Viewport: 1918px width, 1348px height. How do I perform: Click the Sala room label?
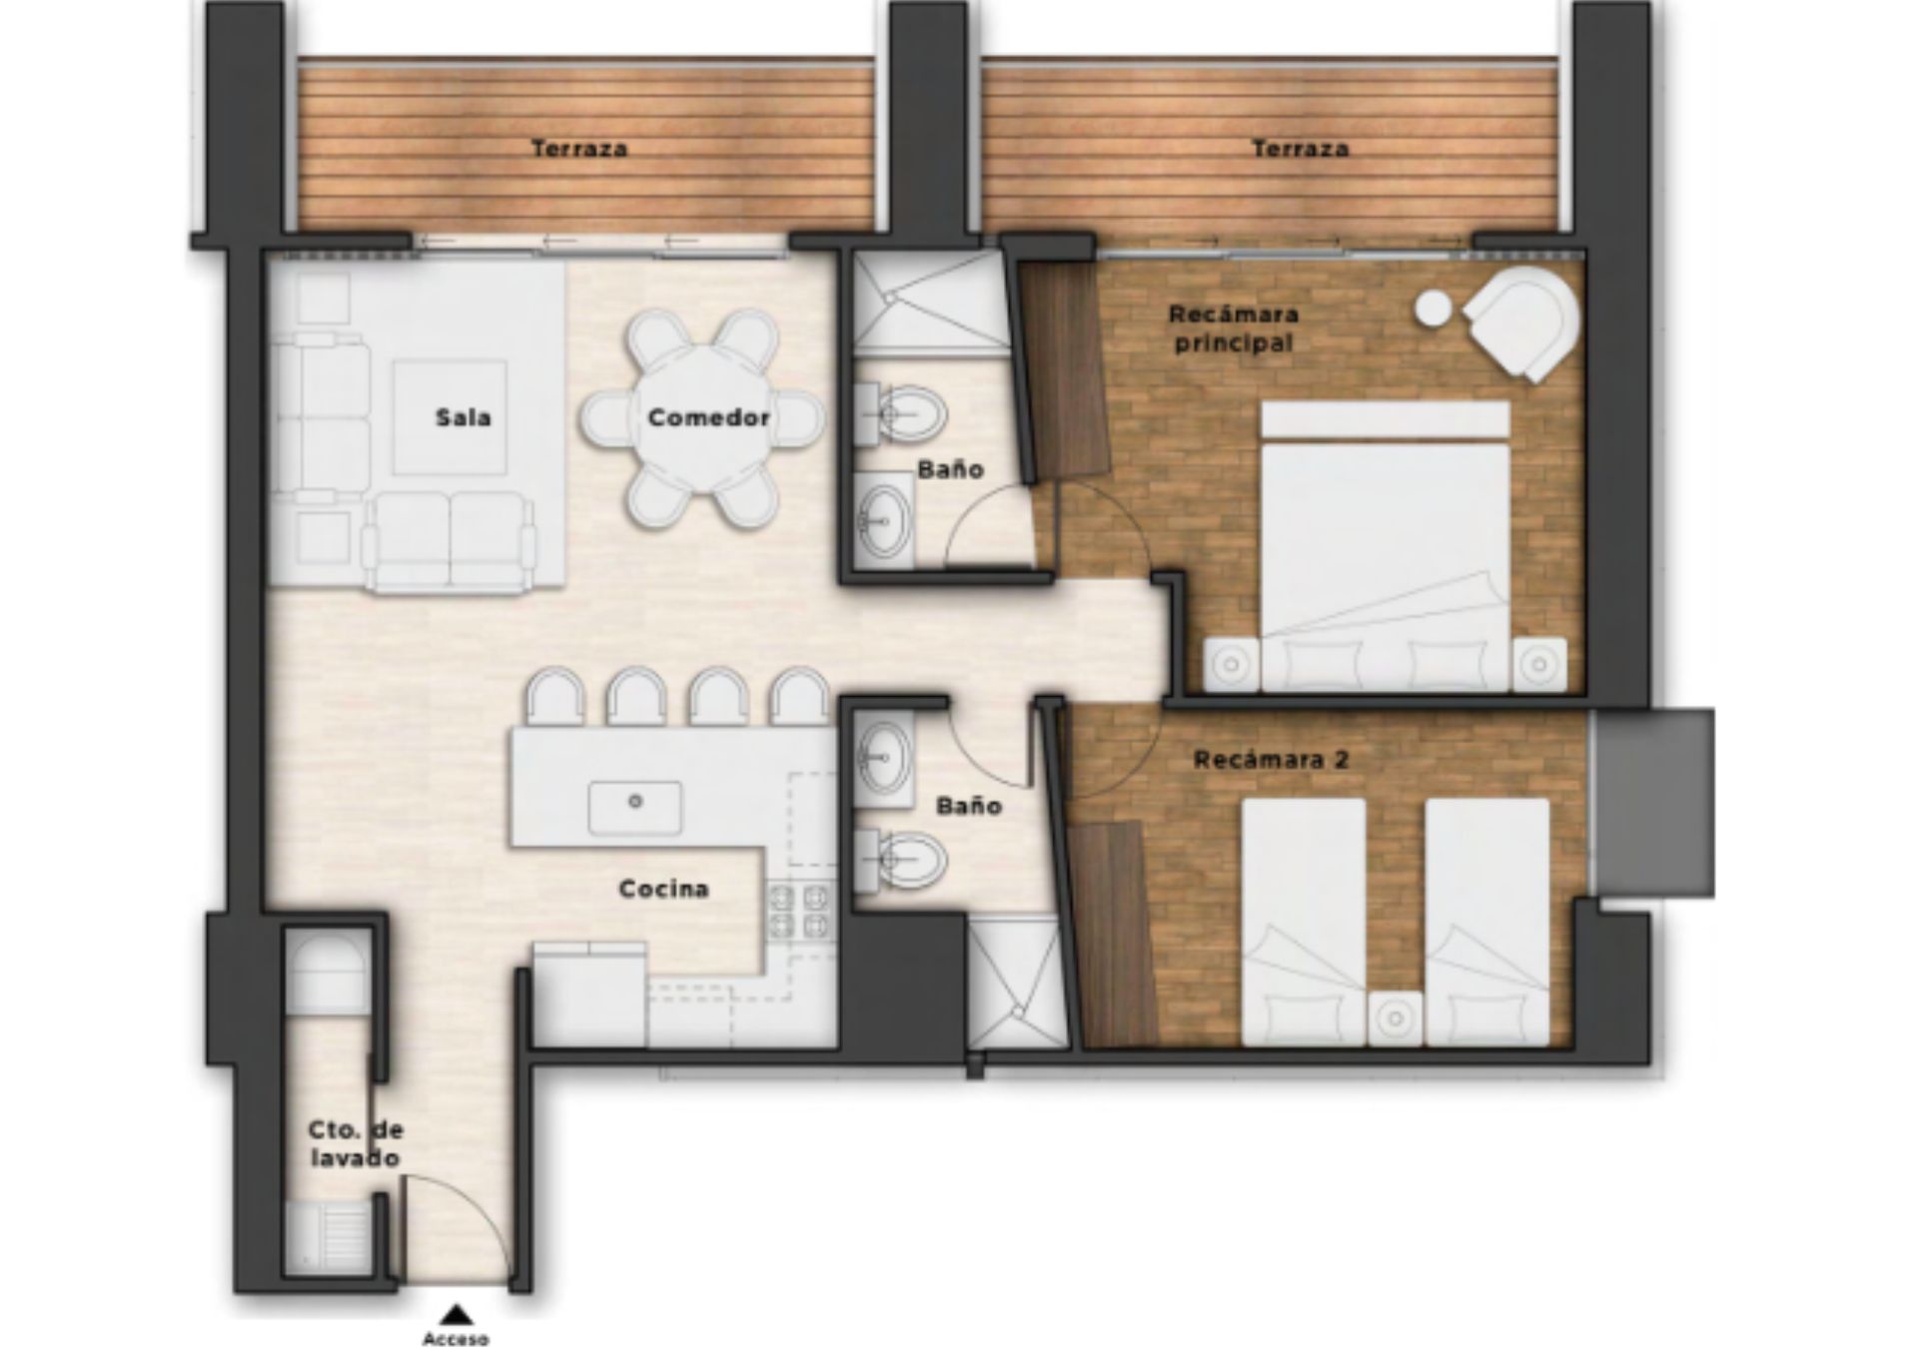tap(463, 417)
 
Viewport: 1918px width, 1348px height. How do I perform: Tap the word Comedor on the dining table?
tap(708, 417)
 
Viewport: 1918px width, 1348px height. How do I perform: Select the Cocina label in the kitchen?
tap(663, 888)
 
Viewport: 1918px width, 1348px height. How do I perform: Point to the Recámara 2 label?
tap(1271, 759)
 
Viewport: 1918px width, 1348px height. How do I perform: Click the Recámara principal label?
tap(1234, 328)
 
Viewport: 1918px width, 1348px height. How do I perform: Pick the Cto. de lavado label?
tap(355, 1143)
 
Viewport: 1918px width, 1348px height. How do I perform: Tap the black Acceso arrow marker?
tap(456, 1314)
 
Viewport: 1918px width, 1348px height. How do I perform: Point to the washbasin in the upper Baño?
tap(885, 520)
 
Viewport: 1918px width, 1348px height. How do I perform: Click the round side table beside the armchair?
tap(1434, 308)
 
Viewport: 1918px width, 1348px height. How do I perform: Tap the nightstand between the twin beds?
tap(1395, 1018)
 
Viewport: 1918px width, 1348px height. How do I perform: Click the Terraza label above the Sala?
tap(579, 149)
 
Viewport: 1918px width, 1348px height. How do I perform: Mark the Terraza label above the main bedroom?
tap(1301, 149)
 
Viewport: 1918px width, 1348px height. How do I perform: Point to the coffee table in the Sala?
tap(450, 417)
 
